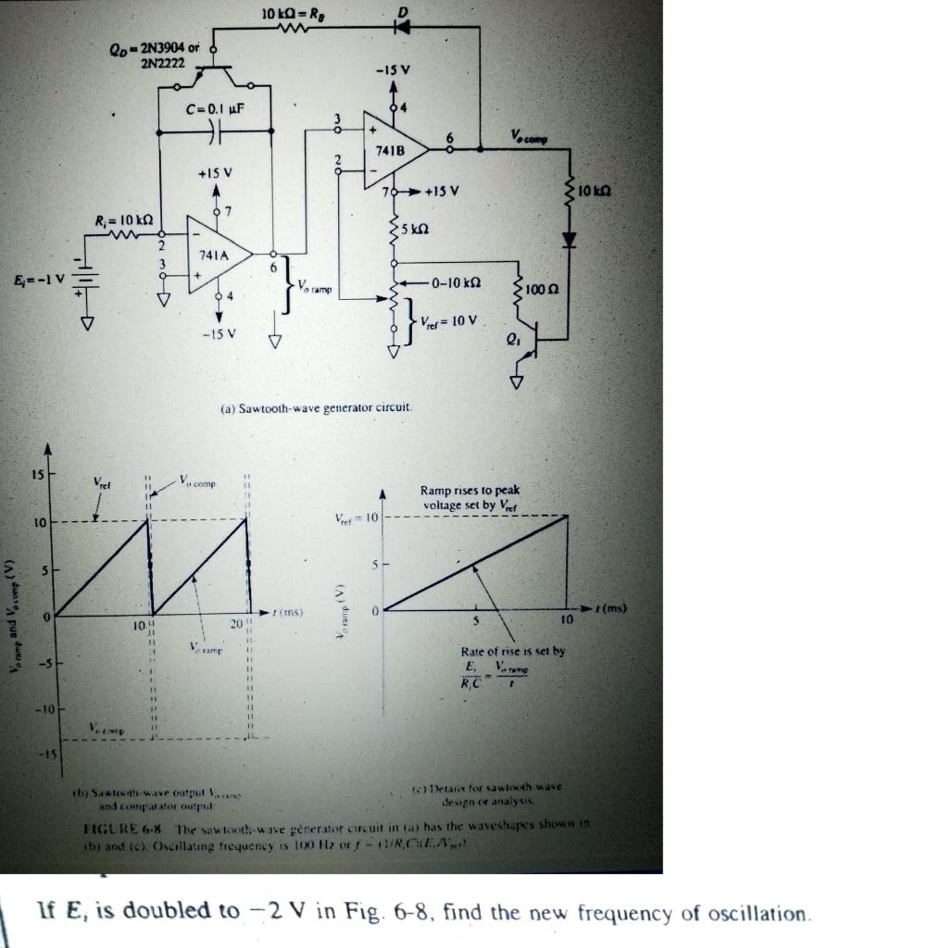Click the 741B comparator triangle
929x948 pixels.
(x=394, y=148)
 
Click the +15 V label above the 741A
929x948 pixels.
(x=215, y=172)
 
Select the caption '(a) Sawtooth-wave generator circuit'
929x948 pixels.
(x=318, y=408)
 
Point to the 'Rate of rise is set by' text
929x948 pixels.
(x=512, y=651)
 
